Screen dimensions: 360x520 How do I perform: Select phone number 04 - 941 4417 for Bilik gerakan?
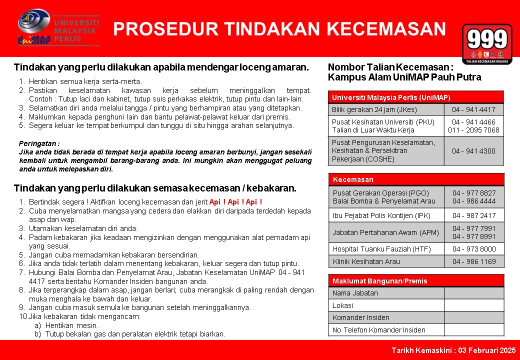tap(473, 109)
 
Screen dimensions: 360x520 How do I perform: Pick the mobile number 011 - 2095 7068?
tap(473, 130)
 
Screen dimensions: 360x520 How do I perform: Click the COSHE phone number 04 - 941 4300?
tap(473, 151)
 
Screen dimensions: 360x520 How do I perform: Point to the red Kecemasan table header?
tap(416, 179)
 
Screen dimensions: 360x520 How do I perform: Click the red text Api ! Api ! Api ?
tap(235, 202)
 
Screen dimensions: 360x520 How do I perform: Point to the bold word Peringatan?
tap(39, 142)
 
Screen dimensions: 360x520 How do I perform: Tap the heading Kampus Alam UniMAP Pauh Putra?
tap(404, 77)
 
